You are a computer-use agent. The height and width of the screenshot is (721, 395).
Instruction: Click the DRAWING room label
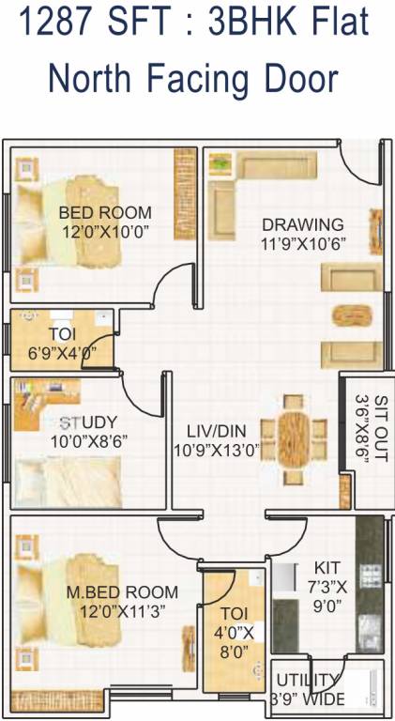click(302, 224)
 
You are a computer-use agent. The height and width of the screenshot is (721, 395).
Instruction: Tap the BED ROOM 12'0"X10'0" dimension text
click(104, 230)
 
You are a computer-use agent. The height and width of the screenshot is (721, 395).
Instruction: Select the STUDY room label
click(88, 421)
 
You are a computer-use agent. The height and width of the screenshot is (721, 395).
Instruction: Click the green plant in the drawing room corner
click(220, 165)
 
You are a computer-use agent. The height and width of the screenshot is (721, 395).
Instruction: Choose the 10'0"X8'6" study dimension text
click(89, 438)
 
